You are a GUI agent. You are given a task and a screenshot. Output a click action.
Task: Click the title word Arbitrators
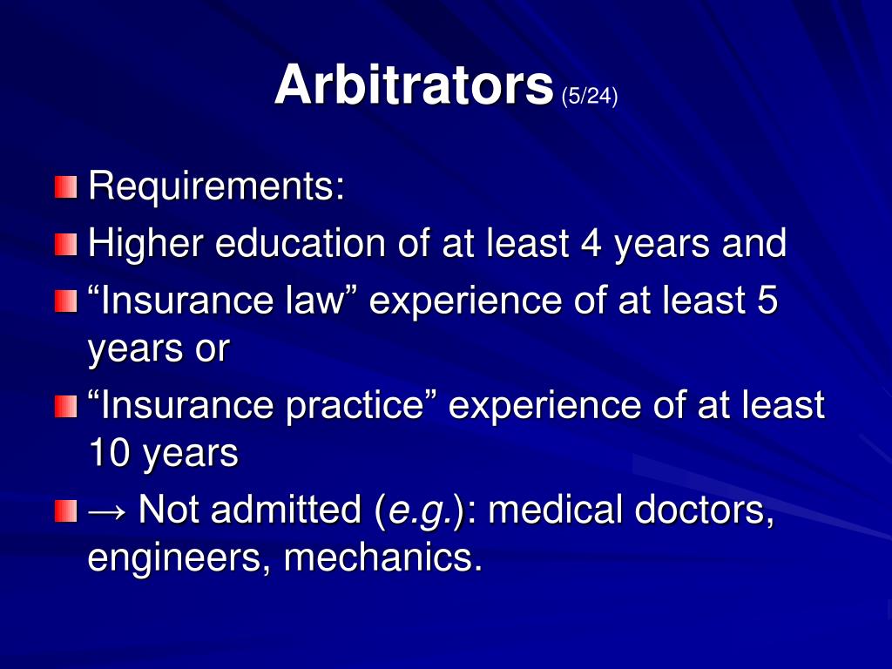coord(414,85)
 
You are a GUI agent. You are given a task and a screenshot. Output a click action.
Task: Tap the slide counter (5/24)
coord(590,96)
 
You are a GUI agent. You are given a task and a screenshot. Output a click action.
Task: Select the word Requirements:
coord(217,186)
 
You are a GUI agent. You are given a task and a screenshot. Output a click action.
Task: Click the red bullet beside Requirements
coord(66,187)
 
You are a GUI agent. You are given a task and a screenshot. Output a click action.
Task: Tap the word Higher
coord(145,244)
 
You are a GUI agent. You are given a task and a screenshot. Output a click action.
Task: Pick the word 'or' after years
coord(213,349)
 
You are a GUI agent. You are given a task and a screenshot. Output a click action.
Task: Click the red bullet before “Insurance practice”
coord(66,406)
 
